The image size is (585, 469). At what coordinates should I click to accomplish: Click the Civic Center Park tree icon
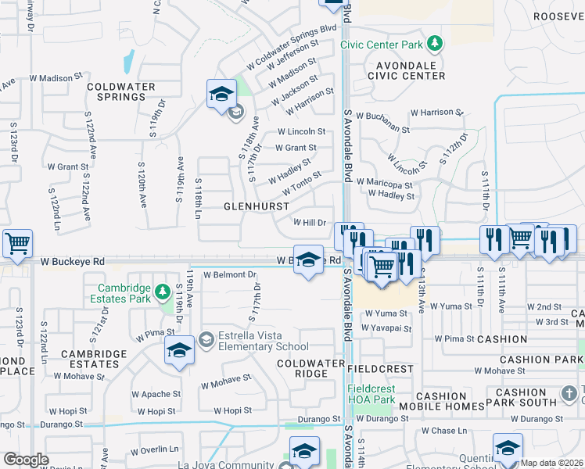pyautogui.click(x=436, y=44)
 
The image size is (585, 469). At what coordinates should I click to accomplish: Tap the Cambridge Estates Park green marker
pyautogui.click(x=162, y=292)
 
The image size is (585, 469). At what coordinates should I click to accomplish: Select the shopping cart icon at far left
pyautogui.click(x=17, y=243)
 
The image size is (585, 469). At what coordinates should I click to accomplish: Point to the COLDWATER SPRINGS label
pyautogui.click(x=116, y=91)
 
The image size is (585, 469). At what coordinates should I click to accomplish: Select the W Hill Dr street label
pyautogui.click(x=309, y=223)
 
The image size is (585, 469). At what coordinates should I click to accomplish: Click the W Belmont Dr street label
pyautogui.click(x=230, y=275)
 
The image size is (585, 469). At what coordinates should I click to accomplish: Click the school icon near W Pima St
pyautogui.click(x=179, y=352)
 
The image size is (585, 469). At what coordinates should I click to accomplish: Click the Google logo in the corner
pyautogui.click(x=26, y=460)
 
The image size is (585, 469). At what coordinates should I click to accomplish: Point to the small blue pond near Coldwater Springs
pyautogui.click(x=127, y=59)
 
